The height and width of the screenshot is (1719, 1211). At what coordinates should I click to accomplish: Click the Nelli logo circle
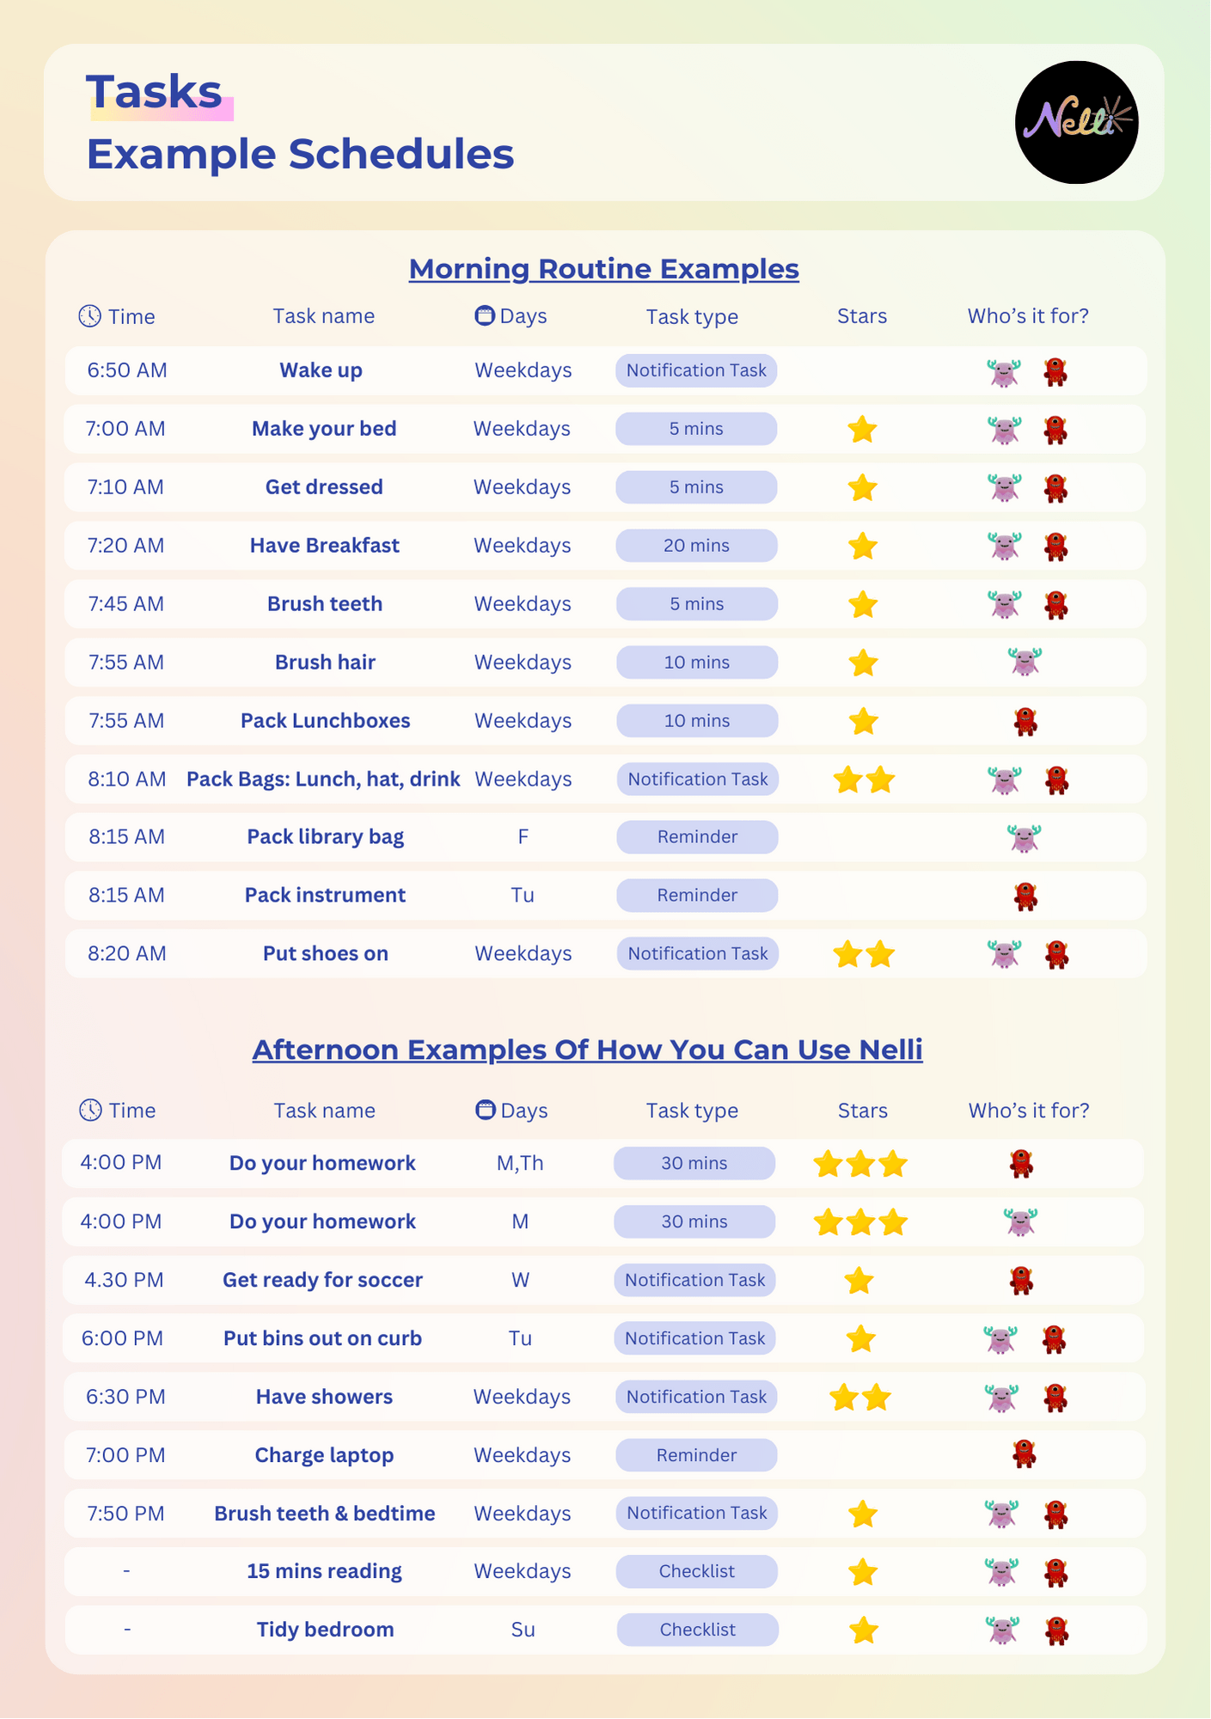point(1076,122)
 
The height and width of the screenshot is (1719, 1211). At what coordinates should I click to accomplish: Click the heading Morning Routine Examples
point(603,269)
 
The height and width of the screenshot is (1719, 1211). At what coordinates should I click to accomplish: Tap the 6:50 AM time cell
point(127,370)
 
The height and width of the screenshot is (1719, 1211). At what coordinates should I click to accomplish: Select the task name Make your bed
point(324,429)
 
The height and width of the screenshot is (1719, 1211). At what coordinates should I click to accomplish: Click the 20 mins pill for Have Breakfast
point(696,546)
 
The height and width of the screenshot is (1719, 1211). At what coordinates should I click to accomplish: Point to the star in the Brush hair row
point(863,663)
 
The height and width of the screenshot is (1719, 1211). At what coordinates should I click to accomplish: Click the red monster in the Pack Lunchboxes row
point(1025,721)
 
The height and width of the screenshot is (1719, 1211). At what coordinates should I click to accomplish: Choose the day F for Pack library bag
point(523,837)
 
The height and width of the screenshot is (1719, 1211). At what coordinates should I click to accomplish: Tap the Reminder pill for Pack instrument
point(697,896)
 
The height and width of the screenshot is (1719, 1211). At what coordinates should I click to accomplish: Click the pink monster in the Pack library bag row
point(1024,837)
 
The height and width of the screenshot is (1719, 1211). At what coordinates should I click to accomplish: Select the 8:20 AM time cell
point(127,954)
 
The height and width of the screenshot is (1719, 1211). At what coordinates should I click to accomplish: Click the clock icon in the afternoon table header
point(90,1110)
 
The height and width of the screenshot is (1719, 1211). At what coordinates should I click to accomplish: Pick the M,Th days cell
point(520,1164)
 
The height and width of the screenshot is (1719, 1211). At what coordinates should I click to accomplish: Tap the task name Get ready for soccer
point(322,1281)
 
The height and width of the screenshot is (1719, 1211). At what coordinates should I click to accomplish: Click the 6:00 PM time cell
point(122,1339)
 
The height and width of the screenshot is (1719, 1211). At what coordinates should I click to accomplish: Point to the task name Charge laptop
point(324,1456)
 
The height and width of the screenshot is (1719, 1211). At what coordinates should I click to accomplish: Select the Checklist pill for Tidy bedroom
point(697,1630)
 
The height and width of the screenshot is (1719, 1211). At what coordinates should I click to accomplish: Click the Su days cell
point(523,1630)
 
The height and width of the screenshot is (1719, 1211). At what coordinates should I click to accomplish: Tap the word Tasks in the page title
point(155,92)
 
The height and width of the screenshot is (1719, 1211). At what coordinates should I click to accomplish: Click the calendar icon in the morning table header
point(485,315)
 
